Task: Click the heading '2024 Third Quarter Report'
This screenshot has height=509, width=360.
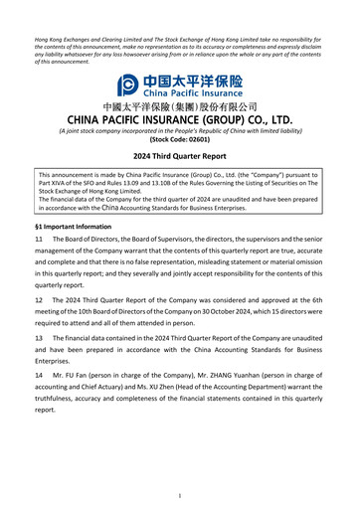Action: [180, 157]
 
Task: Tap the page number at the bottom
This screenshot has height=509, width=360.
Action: [180, 494]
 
